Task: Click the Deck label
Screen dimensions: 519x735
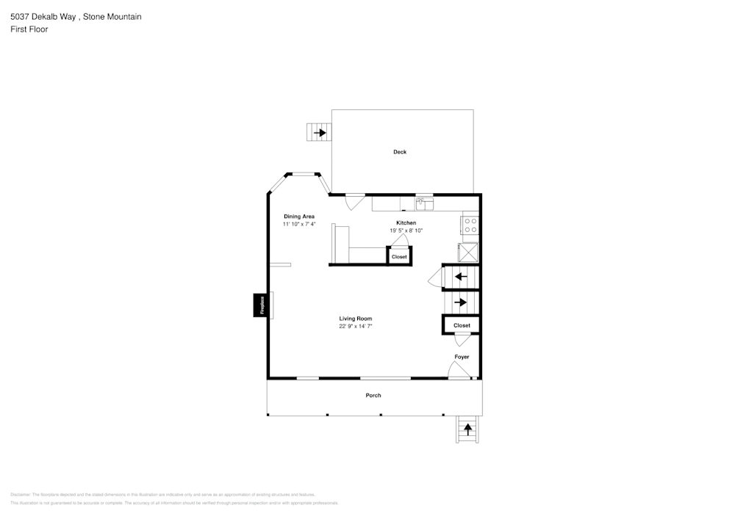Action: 399,152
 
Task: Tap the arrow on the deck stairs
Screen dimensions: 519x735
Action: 320,133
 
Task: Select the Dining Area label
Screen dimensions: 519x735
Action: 299,217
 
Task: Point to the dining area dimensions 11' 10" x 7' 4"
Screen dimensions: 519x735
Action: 299,225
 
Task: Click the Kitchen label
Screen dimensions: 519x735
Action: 406,222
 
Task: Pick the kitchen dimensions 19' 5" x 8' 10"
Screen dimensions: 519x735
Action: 406,231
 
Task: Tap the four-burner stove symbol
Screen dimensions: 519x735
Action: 470,225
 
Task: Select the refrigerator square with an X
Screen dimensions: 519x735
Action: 469,252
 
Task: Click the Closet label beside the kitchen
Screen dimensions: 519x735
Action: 399,257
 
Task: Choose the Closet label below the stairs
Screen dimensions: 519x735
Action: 462,325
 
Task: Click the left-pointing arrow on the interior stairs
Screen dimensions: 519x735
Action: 461,277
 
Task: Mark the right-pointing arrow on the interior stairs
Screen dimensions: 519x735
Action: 461,302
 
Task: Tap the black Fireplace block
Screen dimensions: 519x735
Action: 259,305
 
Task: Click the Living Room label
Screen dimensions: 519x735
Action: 355,319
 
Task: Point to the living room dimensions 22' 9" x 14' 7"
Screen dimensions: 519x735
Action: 355,327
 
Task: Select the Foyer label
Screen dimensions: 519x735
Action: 462,357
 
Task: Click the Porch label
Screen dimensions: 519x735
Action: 373,396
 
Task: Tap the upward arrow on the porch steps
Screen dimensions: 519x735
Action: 467,429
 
